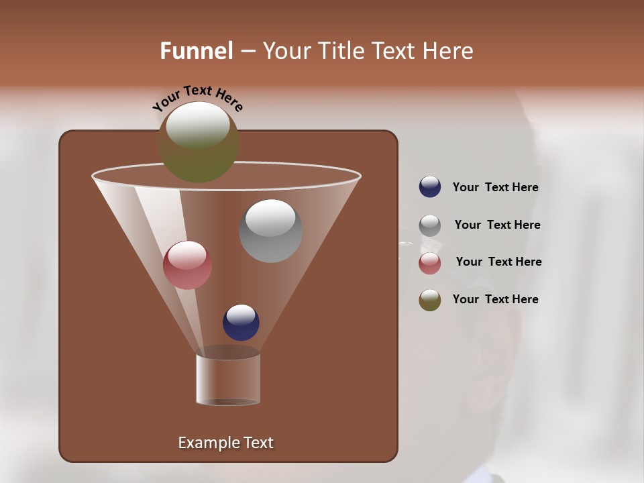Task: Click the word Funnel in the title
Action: coord(197,51)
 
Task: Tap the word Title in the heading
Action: coord(340,51)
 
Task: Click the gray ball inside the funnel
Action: coord(270,231)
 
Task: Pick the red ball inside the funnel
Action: coord(187,265)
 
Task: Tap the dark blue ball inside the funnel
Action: coord(241,323)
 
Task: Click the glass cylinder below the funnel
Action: coord(228,379)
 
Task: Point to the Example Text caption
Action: coord(225,443)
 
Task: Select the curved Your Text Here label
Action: coord(198,97)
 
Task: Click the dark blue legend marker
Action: coord(430,187)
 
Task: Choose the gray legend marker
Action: coord(430,225)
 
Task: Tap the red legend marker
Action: coord(430,263)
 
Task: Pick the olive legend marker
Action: coord(430,300)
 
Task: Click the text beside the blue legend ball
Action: coord(495,188)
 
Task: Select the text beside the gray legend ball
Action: coord(497,225)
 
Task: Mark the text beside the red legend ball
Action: coord(498,262)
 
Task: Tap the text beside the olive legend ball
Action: coord(495,299)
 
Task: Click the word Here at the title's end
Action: coord(449,51)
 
